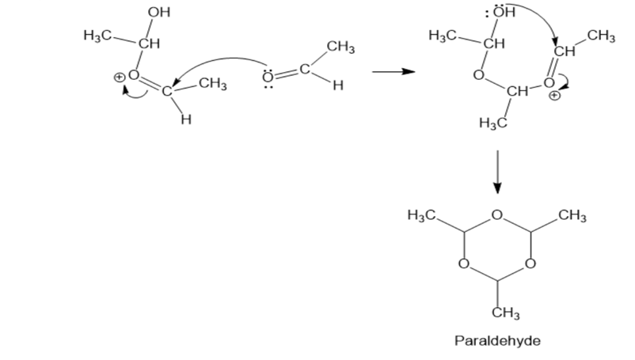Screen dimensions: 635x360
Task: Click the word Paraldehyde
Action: [x=497, y=340]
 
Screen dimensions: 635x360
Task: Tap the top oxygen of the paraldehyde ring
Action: [x=497, y=214]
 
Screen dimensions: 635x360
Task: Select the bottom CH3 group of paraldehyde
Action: [x=506, y=313]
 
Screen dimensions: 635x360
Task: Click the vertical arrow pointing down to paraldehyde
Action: [x=497, y=172]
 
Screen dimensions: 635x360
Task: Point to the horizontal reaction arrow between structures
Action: [x=394, y=71]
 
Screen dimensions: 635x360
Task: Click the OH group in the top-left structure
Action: [x=158, y=12]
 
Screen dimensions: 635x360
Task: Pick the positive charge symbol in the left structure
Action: [x=119, y=77]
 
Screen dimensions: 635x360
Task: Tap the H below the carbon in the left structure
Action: [x=186, y=119]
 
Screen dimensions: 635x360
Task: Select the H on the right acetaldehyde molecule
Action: [x=338, y=85]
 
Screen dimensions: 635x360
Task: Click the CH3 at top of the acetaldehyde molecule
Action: [x=340, y=47]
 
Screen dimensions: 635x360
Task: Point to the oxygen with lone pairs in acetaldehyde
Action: [x=268, y=76]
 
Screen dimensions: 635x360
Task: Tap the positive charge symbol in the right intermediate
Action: [x=555, y=96]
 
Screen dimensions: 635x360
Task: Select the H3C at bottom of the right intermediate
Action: [x=492, y=122]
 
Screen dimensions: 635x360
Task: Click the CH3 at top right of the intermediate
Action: [x=601, y=36]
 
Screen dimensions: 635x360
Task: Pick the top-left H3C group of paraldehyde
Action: [x=421, y=214]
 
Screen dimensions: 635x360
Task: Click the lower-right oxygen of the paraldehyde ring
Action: [x=530, y=263]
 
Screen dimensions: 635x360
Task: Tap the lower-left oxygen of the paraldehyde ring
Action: [x=464, y=263]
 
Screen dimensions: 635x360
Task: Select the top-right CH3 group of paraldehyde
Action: [x=572, y=215]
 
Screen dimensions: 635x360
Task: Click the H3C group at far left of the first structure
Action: [x=97, y=36]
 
